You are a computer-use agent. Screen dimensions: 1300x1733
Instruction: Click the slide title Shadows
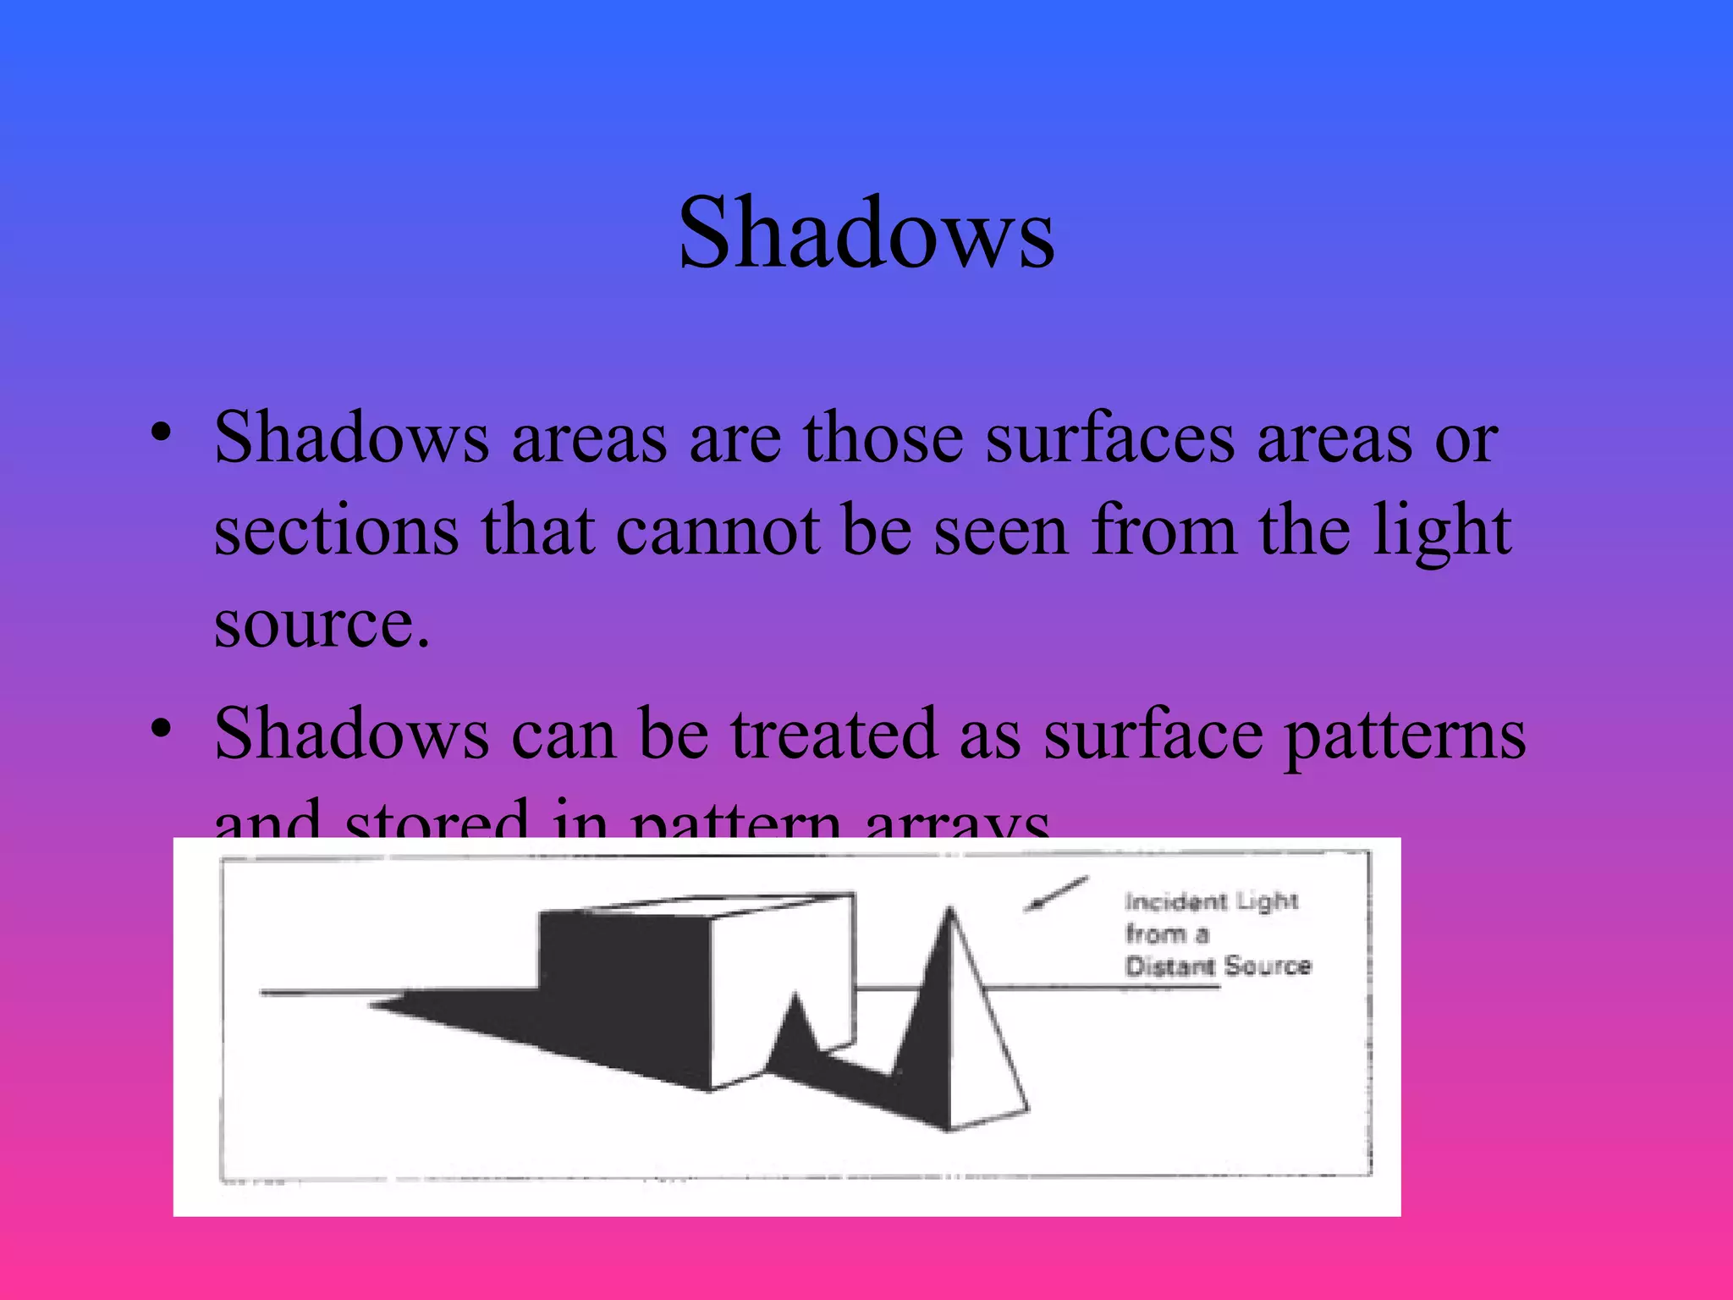pos(866,233)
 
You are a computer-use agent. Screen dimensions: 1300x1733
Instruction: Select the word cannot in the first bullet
pos(718,531)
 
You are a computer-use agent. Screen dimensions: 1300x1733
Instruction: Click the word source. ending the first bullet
pos(322,624)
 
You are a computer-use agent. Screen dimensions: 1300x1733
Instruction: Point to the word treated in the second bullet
pos(833,734)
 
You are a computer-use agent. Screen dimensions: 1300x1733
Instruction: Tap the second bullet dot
pos(161,727)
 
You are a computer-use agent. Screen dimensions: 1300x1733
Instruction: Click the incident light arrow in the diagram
pos(1055,895)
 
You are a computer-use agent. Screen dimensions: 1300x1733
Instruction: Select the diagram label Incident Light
pos(1211,901)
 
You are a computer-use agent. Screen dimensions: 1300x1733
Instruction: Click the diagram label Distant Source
pos(1217,966)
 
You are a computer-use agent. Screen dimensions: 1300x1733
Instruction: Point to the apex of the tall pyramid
pos(951,911)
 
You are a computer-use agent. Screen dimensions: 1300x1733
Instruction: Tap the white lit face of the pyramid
pos(982,1049)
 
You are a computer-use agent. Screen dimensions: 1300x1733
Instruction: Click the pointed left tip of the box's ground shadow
pos(372,1005)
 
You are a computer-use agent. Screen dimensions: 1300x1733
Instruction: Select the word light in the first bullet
pos(1441,531)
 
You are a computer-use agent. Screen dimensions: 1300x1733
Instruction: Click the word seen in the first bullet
pos(1001,531)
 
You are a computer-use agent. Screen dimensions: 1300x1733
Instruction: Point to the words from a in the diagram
pos(1167,934)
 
